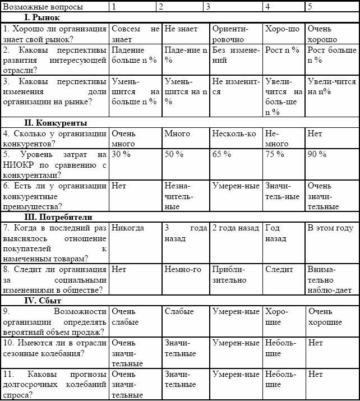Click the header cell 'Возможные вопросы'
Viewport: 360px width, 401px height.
pos(43,7)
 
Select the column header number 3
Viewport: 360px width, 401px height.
pos(209,7)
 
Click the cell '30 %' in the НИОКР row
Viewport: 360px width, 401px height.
pos(121,154)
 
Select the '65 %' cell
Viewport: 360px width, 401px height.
pos(222,154)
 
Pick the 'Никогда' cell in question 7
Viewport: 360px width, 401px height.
pos(128,228)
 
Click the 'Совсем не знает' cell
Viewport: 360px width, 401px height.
pos(135,34)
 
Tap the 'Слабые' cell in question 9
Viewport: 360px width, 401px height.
pos(179,311)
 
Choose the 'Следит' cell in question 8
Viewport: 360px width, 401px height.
pos(279,269)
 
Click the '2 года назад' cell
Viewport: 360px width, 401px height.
pos(236,228)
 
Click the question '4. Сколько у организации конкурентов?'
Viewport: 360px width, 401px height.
pos(54,139)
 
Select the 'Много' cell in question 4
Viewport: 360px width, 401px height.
pos(177,133)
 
